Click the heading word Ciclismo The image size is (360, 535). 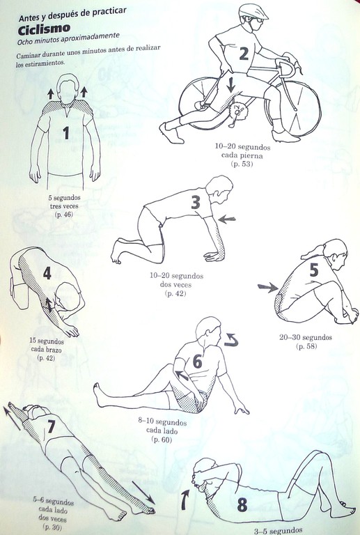coord(44,29)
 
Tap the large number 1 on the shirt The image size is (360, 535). coord(65,133)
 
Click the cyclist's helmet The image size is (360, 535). coord(253,11)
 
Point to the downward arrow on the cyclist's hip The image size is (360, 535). coord(230,84)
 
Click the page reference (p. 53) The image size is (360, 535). coord(242,164)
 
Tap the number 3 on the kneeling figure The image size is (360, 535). coord(196,202)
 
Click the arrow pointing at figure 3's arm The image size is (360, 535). coord(227,219)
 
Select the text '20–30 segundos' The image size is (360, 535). coord(306,337)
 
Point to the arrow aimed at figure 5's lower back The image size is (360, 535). coord(268,287)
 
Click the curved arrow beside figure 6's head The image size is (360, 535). coord(231,340)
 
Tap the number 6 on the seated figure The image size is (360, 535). coord(197,362)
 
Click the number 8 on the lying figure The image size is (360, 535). coord(242,504)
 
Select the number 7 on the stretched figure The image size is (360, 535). coord(51,426)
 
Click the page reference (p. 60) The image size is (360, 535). coord(162,440)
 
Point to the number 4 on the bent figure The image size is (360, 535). coord(47,273)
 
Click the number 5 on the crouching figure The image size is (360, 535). coord(314,270)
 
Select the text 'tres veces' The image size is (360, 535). coord(64,206)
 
